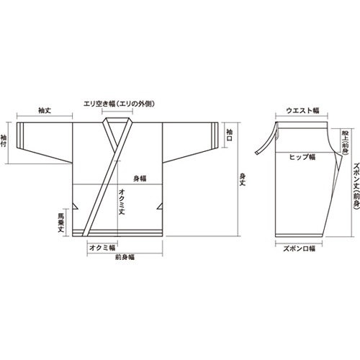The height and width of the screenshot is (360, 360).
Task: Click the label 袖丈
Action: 45,111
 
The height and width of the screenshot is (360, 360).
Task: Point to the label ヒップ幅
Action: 302,156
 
